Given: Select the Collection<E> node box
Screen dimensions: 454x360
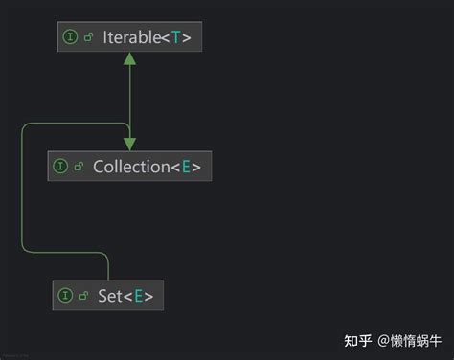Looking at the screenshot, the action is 129,166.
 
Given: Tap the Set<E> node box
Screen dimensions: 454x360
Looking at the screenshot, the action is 109,296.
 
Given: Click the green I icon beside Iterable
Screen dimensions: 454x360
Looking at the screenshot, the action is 70,37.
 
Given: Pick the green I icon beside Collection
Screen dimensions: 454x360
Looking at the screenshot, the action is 61,167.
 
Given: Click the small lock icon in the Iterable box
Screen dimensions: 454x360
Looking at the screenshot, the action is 88,37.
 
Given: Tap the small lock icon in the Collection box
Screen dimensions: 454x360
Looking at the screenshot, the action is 79,167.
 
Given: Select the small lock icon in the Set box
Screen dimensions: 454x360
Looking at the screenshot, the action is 84,297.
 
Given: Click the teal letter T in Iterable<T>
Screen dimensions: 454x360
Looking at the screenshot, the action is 176,37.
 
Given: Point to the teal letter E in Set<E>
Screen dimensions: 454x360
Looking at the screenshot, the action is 138,297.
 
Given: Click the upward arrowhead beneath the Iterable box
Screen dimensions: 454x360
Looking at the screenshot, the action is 129,60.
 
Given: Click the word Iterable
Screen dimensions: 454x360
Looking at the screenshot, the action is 131,37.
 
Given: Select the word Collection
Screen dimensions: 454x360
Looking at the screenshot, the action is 130,167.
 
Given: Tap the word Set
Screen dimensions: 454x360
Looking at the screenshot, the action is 110,297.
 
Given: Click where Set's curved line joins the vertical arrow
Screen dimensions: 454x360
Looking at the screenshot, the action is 129,123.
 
